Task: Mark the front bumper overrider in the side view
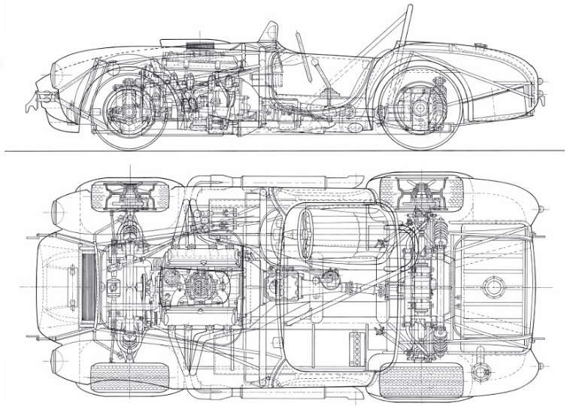(x=35, y=98)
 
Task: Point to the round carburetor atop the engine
(x=200, y=286)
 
